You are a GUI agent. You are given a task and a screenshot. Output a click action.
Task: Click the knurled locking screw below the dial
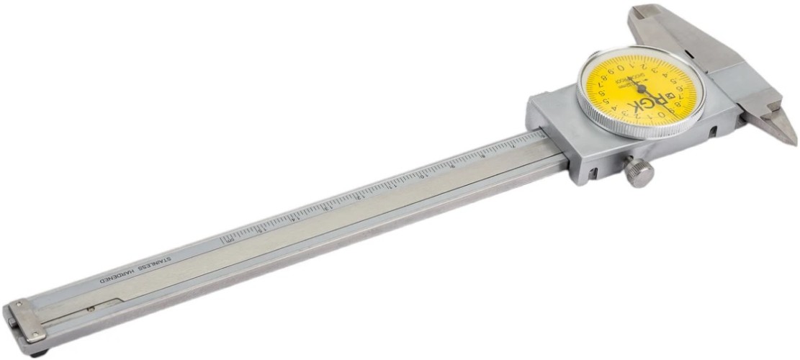coord(639,172)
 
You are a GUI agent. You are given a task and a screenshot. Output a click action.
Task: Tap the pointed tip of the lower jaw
coord(792,140)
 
